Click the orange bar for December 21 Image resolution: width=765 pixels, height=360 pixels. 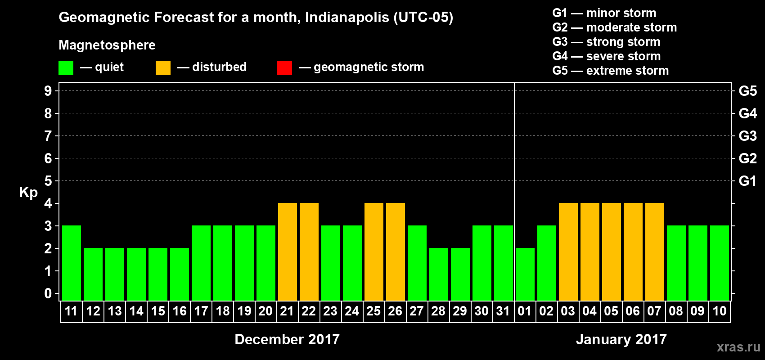[288, 252]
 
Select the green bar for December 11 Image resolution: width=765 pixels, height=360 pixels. [72, 263]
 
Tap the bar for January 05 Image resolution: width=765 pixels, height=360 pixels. [612, 252]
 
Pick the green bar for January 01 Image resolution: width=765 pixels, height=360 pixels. [525, 274]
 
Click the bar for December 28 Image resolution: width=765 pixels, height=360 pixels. [439, 274]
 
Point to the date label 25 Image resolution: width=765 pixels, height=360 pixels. [373, 311]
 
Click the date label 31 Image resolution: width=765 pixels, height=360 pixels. [503, 311]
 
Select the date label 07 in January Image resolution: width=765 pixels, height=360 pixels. [654, 311]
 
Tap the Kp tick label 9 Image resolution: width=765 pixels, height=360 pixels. [48, 91]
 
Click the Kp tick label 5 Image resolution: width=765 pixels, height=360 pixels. [48, 181]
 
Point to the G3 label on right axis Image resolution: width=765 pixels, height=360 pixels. [747, 136]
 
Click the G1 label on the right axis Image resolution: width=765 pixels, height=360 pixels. [747, 181]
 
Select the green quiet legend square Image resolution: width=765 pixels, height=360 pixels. [66, 68]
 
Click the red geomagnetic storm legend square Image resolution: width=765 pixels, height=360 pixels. [284, 68]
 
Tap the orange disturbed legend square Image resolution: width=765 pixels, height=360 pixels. [163, 68]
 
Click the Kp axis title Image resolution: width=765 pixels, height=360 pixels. [28, 193]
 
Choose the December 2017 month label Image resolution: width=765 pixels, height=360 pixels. [287, 339]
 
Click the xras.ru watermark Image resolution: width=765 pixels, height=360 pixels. [738, 347]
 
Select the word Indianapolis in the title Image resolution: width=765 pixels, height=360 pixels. [347, 18]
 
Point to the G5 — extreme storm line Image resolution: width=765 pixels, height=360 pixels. [610, 71]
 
